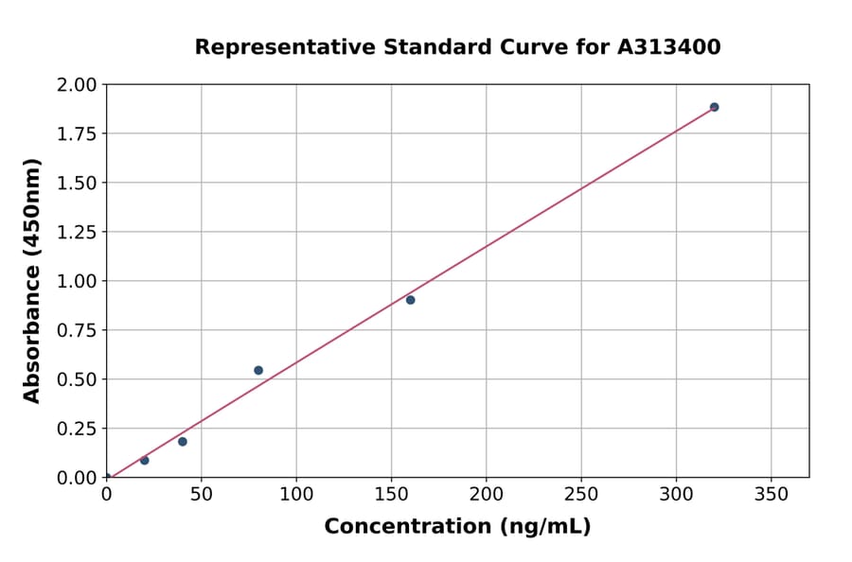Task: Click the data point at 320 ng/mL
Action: pos(714,107)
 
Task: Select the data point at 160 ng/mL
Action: pos(410,300)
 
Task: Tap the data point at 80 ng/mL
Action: pos(258,370)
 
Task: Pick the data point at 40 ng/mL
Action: pos(183,442)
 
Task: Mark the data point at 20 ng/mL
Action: pos(145,460)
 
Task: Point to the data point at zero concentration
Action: pos(107,477)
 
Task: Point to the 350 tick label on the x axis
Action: pos(771,495)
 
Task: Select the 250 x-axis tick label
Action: pos(580,495)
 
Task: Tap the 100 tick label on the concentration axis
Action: pos(296,495)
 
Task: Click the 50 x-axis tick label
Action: pos(201,495)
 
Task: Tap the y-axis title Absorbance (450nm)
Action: pos(32,281)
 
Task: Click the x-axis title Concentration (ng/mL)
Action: pos(457,527)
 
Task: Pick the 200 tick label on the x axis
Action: pos(486,495)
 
